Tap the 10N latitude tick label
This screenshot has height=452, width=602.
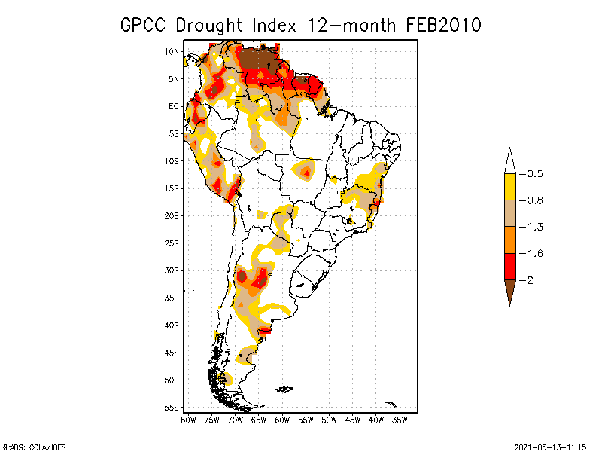point(172,51)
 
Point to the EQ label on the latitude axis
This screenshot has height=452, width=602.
point(174,106)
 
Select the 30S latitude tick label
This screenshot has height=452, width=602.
point(172,270)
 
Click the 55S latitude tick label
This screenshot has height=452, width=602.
point(172,408)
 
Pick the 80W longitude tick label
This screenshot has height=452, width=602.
point(188,420)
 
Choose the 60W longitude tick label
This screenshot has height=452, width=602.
point(282,420)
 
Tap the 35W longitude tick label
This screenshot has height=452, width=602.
point(400,420)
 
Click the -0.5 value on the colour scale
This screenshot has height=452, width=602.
point(534,174)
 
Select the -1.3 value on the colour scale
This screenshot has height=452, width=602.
point(534,227)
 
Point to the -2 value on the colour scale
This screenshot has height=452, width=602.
point(530,280)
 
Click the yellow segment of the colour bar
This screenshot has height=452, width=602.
point(510,187)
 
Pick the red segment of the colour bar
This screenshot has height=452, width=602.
point(510,266)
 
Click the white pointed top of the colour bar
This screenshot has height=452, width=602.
point(510,161)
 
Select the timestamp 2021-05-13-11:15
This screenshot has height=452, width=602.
point(550,446)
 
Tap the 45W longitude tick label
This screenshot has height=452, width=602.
point(353,420)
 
